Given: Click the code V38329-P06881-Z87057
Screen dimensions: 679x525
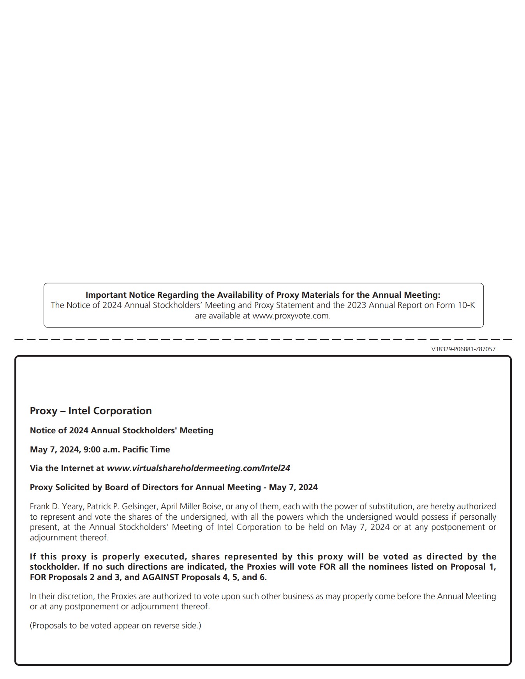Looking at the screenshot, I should [463, 349].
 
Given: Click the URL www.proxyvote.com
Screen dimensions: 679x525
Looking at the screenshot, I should [291, 316].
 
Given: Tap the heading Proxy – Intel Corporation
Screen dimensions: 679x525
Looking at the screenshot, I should [91, 411].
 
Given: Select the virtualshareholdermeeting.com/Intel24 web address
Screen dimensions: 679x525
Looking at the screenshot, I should [198, 468].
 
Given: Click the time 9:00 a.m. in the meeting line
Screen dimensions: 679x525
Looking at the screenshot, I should [102, 450].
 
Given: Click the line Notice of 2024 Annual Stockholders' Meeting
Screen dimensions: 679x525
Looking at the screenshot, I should [122, 431].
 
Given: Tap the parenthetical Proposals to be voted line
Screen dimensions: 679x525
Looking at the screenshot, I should [115, 626].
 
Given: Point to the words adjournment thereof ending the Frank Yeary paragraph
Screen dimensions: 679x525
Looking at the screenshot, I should [69, 538].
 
